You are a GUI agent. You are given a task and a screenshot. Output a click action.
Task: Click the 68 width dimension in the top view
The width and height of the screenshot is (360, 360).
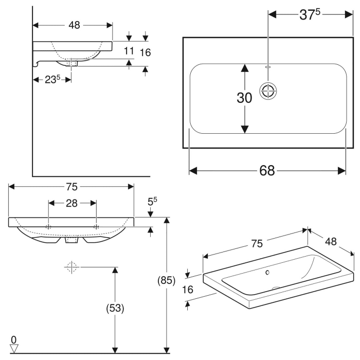point(267,170)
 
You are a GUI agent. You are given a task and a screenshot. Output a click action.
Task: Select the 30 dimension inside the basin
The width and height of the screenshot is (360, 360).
point(244,98)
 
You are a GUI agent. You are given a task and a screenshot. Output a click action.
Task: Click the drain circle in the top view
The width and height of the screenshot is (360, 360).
point(268,91)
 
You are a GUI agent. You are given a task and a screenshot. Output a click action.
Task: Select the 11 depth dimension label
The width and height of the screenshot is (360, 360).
point(129,50)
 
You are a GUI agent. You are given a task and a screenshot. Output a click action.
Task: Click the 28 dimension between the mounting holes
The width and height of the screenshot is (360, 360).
point(71,203)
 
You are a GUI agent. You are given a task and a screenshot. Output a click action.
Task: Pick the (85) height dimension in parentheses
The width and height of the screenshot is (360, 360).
point(165,281)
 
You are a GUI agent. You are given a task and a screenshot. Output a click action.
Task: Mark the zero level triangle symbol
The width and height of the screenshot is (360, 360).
point(14,348)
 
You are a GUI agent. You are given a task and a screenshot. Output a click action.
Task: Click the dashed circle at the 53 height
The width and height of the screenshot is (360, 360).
point(71,267)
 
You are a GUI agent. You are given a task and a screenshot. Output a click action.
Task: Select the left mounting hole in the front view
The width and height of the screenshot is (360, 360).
point(48,226)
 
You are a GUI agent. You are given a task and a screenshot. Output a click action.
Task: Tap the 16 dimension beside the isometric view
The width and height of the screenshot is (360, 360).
point(188,290)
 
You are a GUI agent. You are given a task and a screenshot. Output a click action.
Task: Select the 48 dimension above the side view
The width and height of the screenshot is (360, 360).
point(74,25)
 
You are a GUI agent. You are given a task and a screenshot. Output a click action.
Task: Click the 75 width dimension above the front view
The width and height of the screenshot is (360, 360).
point(72,186)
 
